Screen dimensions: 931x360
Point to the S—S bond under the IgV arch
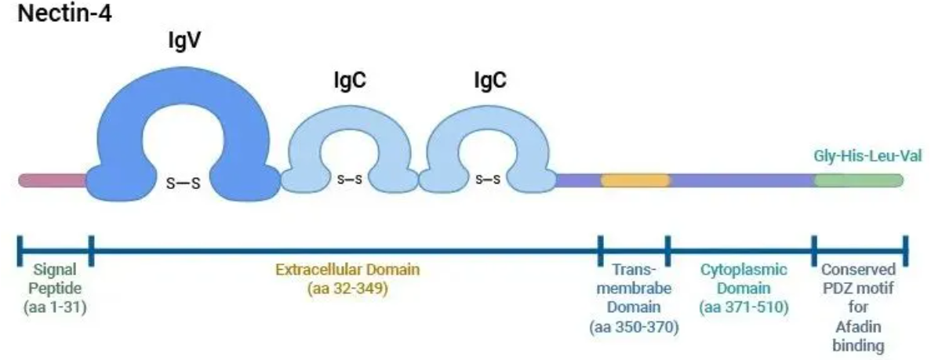click(x=184, y=183)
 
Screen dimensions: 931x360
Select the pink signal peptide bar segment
click(x=53, y=180)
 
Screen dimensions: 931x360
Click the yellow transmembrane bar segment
click(x=635, y=180)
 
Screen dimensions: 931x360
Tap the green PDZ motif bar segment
click(x=858, y=180)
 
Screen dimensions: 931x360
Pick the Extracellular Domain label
click(x=347, y=271)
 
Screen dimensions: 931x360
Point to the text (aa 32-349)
click(x=347, y=289)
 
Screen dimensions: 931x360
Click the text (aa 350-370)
click(x=634, y=326)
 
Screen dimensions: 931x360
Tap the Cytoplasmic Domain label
click(x=744, y=278)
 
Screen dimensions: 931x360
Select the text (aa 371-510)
click(x=744, y=307)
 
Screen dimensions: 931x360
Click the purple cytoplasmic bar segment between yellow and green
click(x=742, y=180)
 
